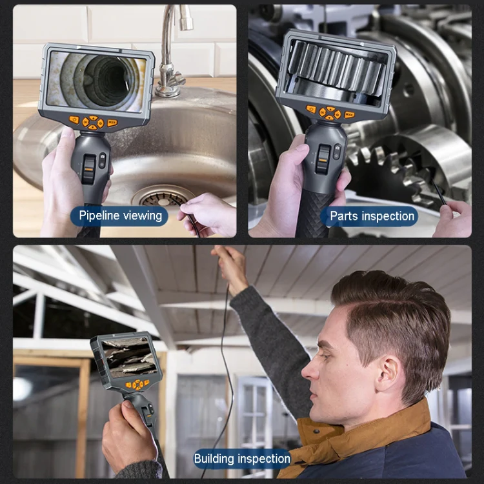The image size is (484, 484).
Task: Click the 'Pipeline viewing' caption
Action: click(x=121, y=216)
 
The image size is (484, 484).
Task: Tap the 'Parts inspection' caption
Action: click(x=372, y=216)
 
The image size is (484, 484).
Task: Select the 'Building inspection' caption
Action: click(x=242, y=459)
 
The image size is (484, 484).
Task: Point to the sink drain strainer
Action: click(x=164, y=198)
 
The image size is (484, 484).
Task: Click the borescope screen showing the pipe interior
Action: click(x=96, y=81)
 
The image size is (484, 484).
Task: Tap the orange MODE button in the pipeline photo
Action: click(x=112, y=123)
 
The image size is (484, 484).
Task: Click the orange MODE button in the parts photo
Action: click(x=349, y=115)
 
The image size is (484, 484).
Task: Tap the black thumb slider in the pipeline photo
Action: click(x=88, y=168)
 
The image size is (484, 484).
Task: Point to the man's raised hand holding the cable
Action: click(x=230, y=268)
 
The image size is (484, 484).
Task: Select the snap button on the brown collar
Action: click(x=316, y=431)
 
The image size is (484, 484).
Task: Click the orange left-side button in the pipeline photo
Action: click(x=74, y=120)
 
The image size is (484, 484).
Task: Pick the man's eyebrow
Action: click(x=326, y=343)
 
